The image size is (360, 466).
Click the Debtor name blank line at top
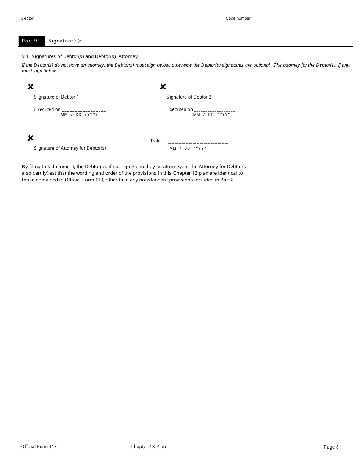(x=121, y=19)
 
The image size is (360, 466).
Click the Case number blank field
(x=283, y=19)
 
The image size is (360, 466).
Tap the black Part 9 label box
(x=31, y=41)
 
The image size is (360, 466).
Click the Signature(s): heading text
(x=65, y=41)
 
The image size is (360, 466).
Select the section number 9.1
(x=25, y=56)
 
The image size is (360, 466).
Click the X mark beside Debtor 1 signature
(x=31, y=87)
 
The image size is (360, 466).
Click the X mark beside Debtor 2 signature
(x=163, y=87)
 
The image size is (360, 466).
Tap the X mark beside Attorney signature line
(x=31, y=138)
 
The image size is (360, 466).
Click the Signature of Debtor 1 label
(x=56, y=97)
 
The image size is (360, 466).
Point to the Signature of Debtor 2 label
(x=189, y=97)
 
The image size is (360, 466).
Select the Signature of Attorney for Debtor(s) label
(x=70, y=148)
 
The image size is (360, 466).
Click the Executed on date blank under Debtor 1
(x=83, y=110)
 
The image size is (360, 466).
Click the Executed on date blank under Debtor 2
(x=214, y=110)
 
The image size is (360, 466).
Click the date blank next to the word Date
(x=198, y=142)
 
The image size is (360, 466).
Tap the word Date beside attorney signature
(x=156, y=141)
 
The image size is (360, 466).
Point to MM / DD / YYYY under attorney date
(x=188, y=149)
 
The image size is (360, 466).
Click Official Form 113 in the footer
(x=39, y=447)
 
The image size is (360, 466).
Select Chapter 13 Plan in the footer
(x=148, y=447)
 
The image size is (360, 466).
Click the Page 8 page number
(x=331, y=447)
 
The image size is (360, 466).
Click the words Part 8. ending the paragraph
(x=227, y=180)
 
